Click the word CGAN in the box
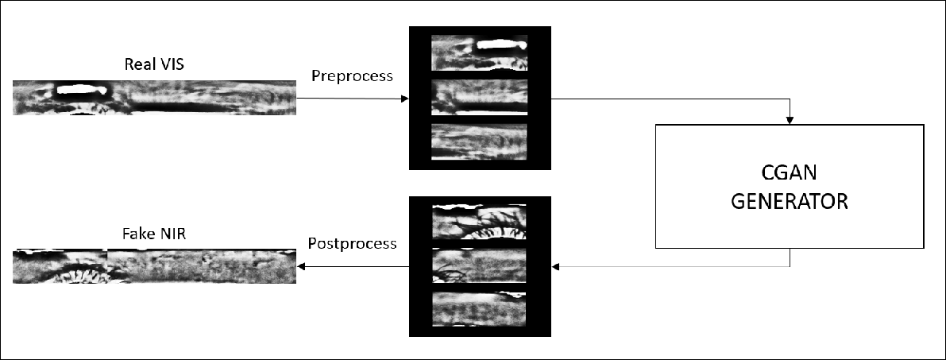790,172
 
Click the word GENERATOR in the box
790,201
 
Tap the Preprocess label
352,76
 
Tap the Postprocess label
352,243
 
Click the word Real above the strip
137,64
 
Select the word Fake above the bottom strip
137,233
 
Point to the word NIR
172,233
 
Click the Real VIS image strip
154,97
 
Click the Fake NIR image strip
154,265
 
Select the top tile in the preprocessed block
479,52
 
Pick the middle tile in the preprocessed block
479,97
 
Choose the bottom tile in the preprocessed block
479,142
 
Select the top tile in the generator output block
479,222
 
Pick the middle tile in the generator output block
479,265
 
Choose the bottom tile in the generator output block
479,309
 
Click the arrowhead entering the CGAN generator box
790,121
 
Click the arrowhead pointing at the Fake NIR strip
301,266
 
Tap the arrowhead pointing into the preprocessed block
405,99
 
